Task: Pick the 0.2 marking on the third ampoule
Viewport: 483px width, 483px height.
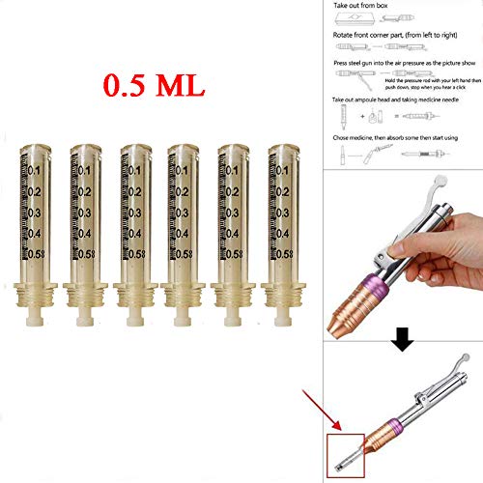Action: tap(138, 190)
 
